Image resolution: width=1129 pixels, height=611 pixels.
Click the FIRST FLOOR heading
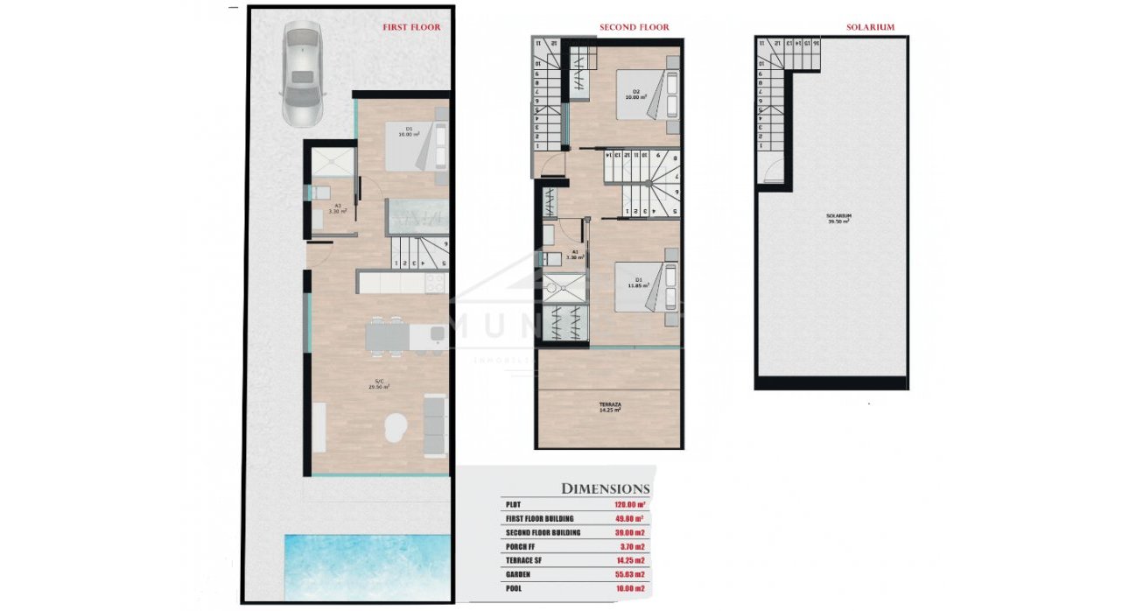tap(411, 27)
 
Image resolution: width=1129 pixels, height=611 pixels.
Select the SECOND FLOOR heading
tap(634, 27)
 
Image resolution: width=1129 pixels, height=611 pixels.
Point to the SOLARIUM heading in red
tap(870, 27)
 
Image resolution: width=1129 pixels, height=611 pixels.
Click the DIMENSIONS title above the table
tap(605, 488)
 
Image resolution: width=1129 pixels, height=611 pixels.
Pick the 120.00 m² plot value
tap(629, 505)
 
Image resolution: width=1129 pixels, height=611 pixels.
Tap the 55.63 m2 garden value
tap(629, 574)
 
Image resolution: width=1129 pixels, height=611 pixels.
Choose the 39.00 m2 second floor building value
tap(629, 532)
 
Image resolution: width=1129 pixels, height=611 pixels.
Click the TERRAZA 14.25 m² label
tap(610, 407)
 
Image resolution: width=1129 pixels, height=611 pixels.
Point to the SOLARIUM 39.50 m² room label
tap(838, 219)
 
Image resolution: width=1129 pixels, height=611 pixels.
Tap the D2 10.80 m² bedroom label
tap(635, 95)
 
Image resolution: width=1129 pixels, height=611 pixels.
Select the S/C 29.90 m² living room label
tap(382, 383)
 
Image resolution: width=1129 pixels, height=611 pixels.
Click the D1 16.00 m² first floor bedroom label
tap(409, 132)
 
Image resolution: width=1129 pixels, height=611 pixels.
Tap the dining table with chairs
tap(387, 337)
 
